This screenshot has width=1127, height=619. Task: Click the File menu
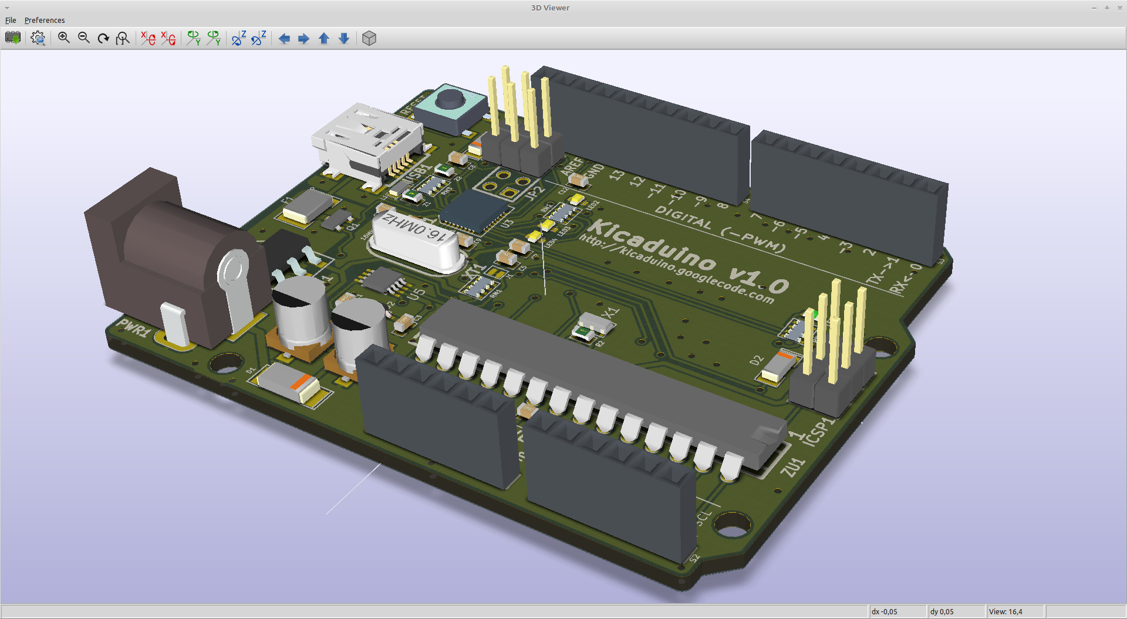click(11, 20)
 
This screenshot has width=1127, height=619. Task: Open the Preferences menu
click(45, 20)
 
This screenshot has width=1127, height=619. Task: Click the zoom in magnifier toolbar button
click(64, 38)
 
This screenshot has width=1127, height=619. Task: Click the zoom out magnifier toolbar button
click(84, 38)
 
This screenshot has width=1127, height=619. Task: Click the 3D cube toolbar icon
click(369, 38)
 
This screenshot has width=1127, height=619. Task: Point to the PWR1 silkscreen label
click(133, 327)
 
